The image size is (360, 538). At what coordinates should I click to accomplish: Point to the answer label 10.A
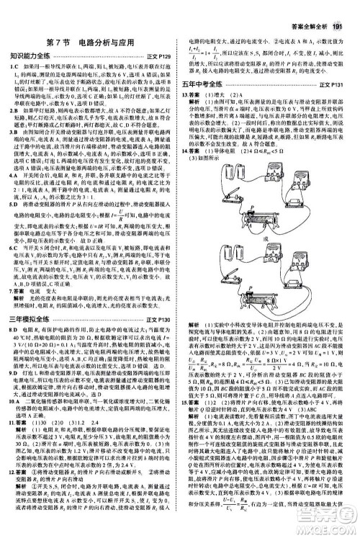(15, 398)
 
